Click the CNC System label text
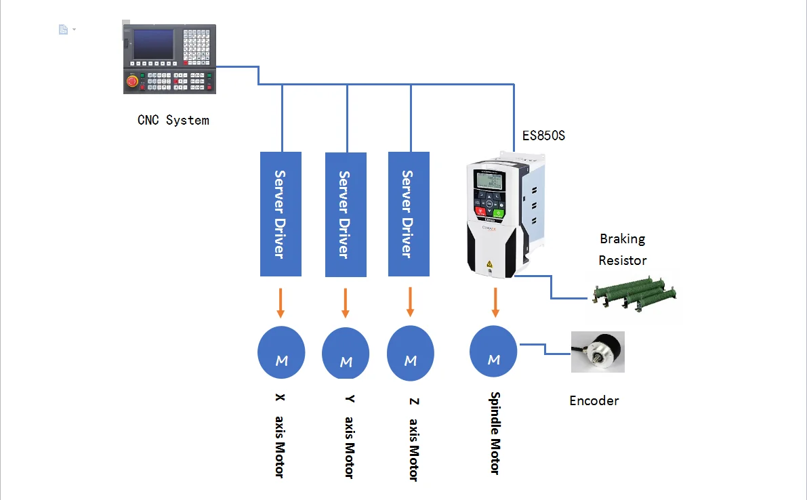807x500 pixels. tap(173, 121)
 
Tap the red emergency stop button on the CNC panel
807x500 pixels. tap(132, 81)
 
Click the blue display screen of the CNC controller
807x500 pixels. tap(153, 44)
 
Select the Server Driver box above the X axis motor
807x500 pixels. tap(281, 214)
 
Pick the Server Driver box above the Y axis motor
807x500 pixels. tap(346, 215)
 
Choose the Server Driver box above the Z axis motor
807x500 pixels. tap(409, 214)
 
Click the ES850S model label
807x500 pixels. tap(543, 136)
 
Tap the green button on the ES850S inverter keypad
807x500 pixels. tap(498, 213)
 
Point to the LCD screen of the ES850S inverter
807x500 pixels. tap(489, 180)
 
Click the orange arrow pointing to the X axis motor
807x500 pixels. tap(281, 303)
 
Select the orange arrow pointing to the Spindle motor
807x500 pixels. tap(495, 302)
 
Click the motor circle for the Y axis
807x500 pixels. tap(346, 354)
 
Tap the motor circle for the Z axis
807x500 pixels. tap(410, 354)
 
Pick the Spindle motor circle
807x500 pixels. tap(493, 352)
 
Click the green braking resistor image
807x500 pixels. tap(635, 293)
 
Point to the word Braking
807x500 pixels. tap(622, 238)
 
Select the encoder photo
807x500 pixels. tap(598, 352)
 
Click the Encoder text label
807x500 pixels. tap(594, 400)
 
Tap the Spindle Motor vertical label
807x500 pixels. tap(495, 433)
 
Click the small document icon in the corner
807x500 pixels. tap(63, 29)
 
